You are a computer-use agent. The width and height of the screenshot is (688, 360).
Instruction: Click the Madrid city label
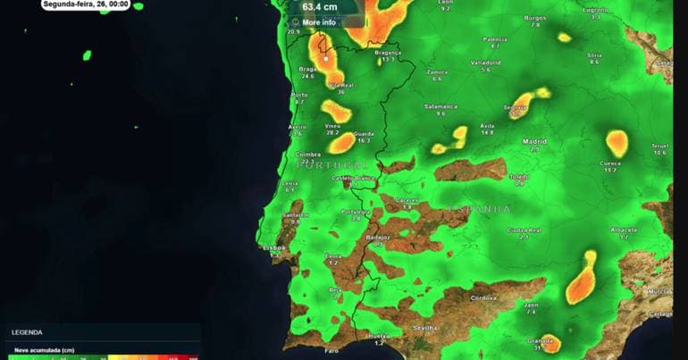534,141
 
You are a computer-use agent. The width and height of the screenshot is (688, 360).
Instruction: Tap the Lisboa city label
274,247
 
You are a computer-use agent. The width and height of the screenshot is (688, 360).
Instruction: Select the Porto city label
299,95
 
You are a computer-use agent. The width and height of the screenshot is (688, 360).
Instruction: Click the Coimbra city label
307,155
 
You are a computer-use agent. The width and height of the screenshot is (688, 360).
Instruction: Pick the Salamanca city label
440,106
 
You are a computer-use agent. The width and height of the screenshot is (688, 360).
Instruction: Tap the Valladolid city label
486,63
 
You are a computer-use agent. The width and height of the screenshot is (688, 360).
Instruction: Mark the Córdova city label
483,297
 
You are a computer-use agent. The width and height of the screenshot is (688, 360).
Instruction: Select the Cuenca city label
610,163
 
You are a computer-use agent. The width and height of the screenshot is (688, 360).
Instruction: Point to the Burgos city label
534,18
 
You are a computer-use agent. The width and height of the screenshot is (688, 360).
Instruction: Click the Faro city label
332,351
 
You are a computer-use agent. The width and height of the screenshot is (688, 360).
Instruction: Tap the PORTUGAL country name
332,165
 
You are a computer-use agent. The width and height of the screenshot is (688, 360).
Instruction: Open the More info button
319,21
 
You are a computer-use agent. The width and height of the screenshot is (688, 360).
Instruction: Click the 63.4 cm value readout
319,6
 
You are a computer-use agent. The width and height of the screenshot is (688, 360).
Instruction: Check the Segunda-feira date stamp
85,4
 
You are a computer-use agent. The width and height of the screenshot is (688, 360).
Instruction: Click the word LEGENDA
26,332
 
